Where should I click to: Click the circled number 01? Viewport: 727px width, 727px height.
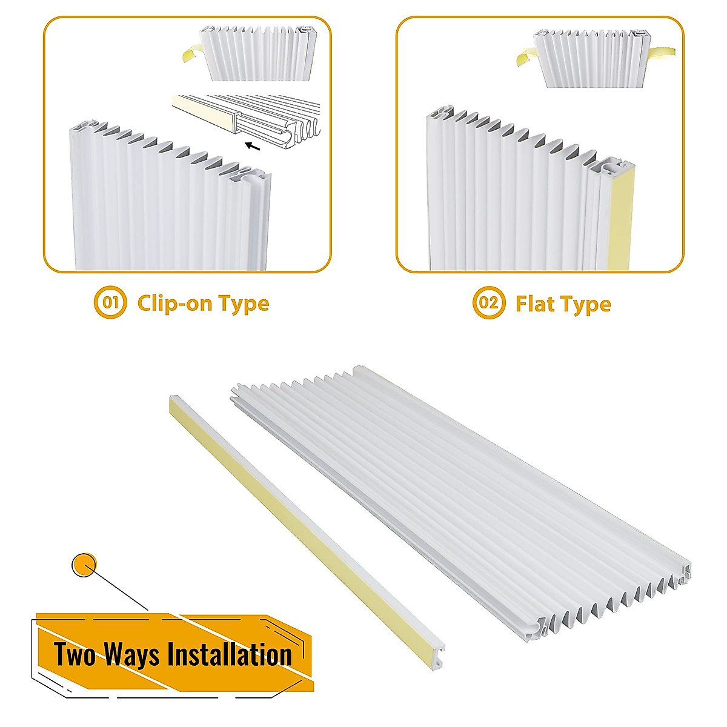(110, 303)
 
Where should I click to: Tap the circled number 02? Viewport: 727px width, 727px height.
(488, 303)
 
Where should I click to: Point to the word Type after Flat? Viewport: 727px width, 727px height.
(586, 305)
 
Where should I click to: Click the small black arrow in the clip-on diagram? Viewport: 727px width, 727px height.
(255, 145)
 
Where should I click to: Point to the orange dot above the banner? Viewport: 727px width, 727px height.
(84, 565)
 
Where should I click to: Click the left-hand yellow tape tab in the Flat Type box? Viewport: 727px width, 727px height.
(525, 58)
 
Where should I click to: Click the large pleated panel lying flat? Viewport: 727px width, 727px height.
(460, 503)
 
